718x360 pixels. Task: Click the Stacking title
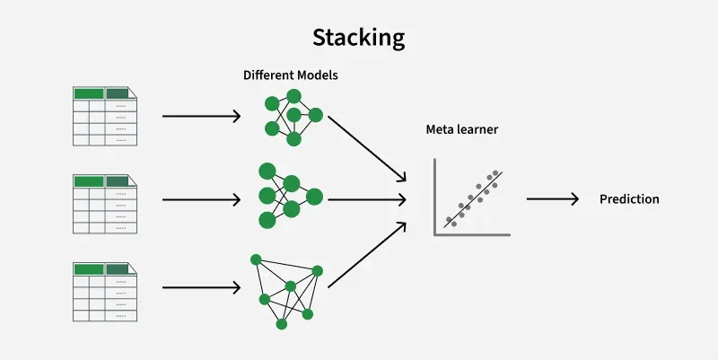358,38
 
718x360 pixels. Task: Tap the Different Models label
290,75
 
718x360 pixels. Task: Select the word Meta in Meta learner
441,130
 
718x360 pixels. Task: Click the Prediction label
629,199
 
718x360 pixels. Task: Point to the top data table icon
105,116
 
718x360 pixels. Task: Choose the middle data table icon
105,203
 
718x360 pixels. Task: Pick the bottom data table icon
105,291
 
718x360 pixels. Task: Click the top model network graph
292,116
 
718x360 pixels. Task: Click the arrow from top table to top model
202,116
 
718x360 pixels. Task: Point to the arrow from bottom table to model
202,288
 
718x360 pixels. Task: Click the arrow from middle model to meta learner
363,199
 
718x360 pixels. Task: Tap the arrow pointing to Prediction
552,199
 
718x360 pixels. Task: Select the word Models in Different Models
317,75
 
